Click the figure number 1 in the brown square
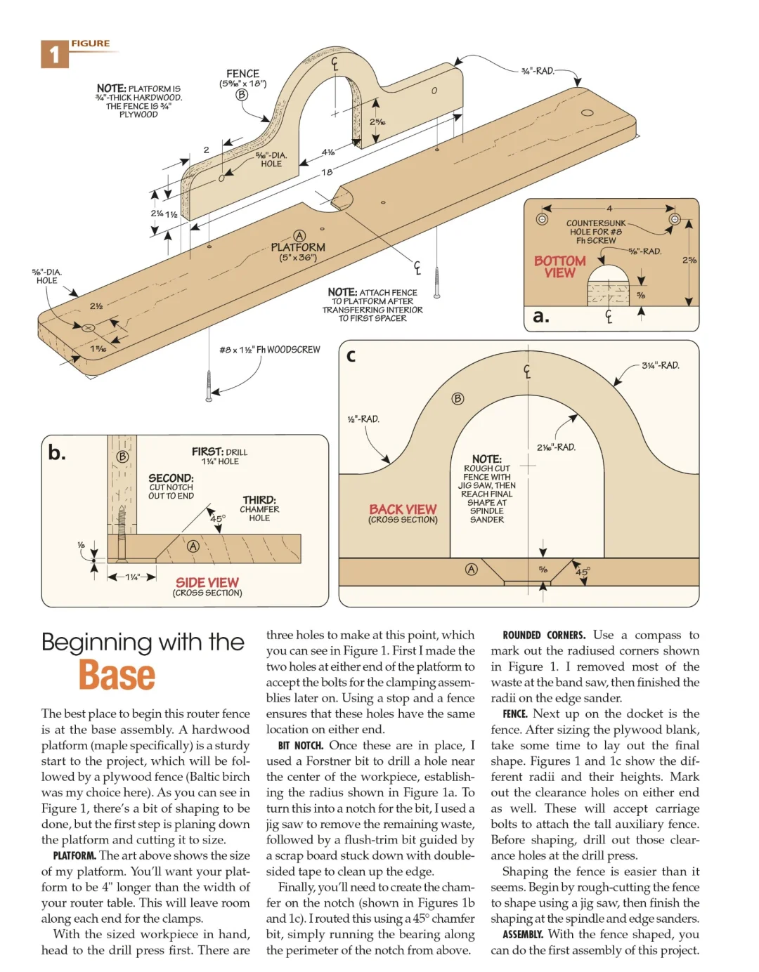click(54, 55)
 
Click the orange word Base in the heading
click(117, 675)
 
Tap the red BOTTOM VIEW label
click(559, 267)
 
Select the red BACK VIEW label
click(403, 510)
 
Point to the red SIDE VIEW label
click(207, 583)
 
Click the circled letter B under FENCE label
click(242, 95)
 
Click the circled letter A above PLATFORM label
click(299, 236)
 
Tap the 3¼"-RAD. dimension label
click(660, 365)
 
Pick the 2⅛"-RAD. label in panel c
click(556, 447)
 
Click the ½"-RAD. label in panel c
click(363, 419)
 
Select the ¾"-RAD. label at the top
click(538, 71)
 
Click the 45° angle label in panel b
click(218, 519)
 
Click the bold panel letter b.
click(57, 453)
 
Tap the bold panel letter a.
click(540, 316)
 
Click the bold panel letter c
click(351, 355)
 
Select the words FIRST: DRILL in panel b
click(219, 452)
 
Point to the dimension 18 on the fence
click(327, 172)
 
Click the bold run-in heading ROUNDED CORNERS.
click(544, 635)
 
